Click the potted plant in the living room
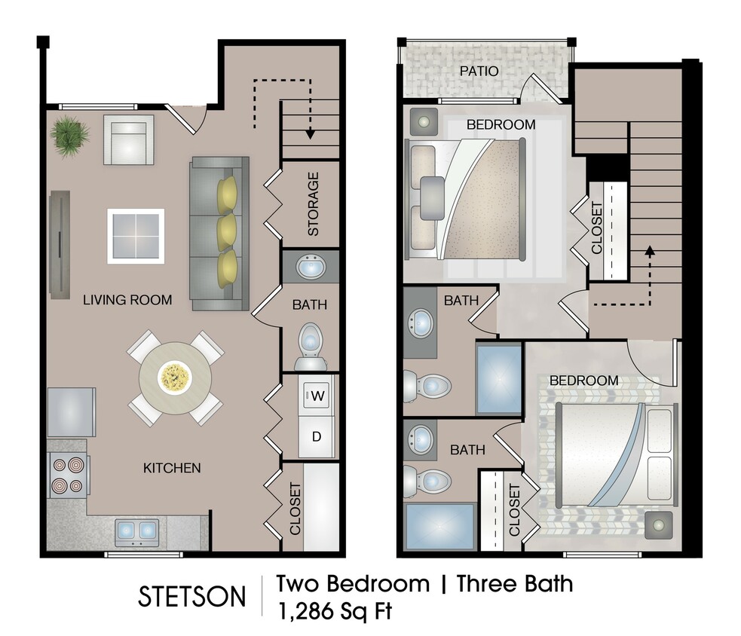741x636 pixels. pyautogui.click(x=71, y=136)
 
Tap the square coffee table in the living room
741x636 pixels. pyautogui.click(x=136, y=235)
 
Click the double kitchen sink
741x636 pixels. pyautogui.click(x=137, y=532)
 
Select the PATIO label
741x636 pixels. pyautogui.click(x=479, y=72)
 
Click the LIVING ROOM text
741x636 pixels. pyautogui.click(x=127, y=300)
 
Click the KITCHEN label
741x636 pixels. pyautogui.click(x=172, y=468)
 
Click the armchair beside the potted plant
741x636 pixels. pyautogui.click(x=128, y=139)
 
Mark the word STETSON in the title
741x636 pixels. pyautogui.click(x=191, y=597)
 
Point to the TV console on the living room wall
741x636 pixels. pyautogui.click(x=59, y=243)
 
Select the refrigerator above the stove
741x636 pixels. pyautogui.click(x=72, y=412)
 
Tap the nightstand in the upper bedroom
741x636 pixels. pyautogui.click(x=423, y=121)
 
